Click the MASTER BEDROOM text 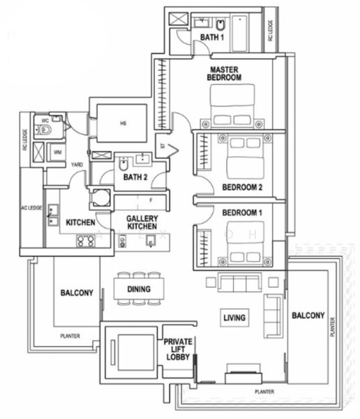[x=223, y=73]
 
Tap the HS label [x=123, y=124]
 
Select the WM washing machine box [x=57, y=150]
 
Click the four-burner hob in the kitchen [x=85, y=242]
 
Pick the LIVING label [x=234, y=318]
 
